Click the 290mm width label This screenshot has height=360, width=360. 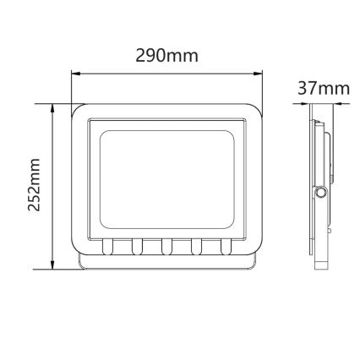point(166,57)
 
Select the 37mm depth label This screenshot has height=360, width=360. point(324,89)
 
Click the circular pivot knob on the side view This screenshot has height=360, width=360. point(322,193)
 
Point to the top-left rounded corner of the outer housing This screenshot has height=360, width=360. point(79,112)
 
